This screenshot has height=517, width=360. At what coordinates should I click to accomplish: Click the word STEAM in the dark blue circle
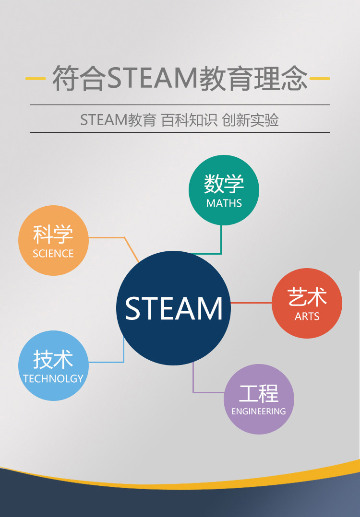pyautogui.click(x=174, y=308)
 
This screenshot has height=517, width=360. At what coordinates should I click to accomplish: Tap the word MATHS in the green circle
pyautogui.click(x=224, y=203)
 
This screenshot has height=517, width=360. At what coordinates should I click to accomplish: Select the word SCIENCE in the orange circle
pyautogui.click(x=53, y=254)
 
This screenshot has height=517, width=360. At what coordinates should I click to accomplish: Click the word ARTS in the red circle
pyautogui.click(x=307, y=317)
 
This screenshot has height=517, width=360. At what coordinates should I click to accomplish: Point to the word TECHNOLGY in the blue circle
pyautogui.click(x=53, y=379)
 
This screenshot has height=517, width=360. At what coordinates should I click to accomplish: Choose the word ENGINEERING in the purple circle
pyautogui.click(x=259, y=411)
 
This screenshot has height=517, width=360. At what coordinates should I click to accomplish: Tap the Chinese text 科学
pyautogui.click(x=53, y=235)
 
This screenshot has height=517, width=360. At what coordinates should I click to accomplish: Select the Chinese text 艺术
pyautogui.click(x=307, y=297)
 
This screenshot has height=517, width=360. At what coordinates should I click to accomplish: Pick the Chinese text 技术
pyautogui.click(x=53, y=359)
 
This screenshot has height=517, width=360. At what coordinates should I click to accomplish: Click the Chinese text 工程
pyautogui.click(x=259, y=393)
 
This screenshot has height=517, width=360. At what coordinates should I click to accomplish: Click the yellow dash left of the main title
pyautogui.click(x=35, y=79)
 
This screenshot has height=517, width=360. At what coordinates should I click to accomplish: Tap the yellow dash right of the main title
pyautogui.click(x=320, y=79)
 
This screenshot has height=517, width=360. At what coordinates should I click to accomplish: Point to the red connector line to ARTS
pyautogui.click(x=251, y=303)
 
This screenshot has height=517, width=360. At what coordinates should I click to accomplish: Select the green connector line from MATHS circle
pyautogui.click(x=221, y=240)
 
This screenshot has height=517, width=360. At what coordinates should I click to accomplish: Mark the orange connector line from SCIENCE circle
pyautogui.click(x=108, y=237)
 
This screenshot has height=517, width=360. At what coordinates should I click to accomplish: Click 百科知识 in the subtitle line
pyautogui.click(x=189, y=120)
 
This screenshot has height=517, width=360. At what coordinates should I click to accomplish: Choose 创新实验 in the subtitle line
pyautogui.click(x=251, y=120)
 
